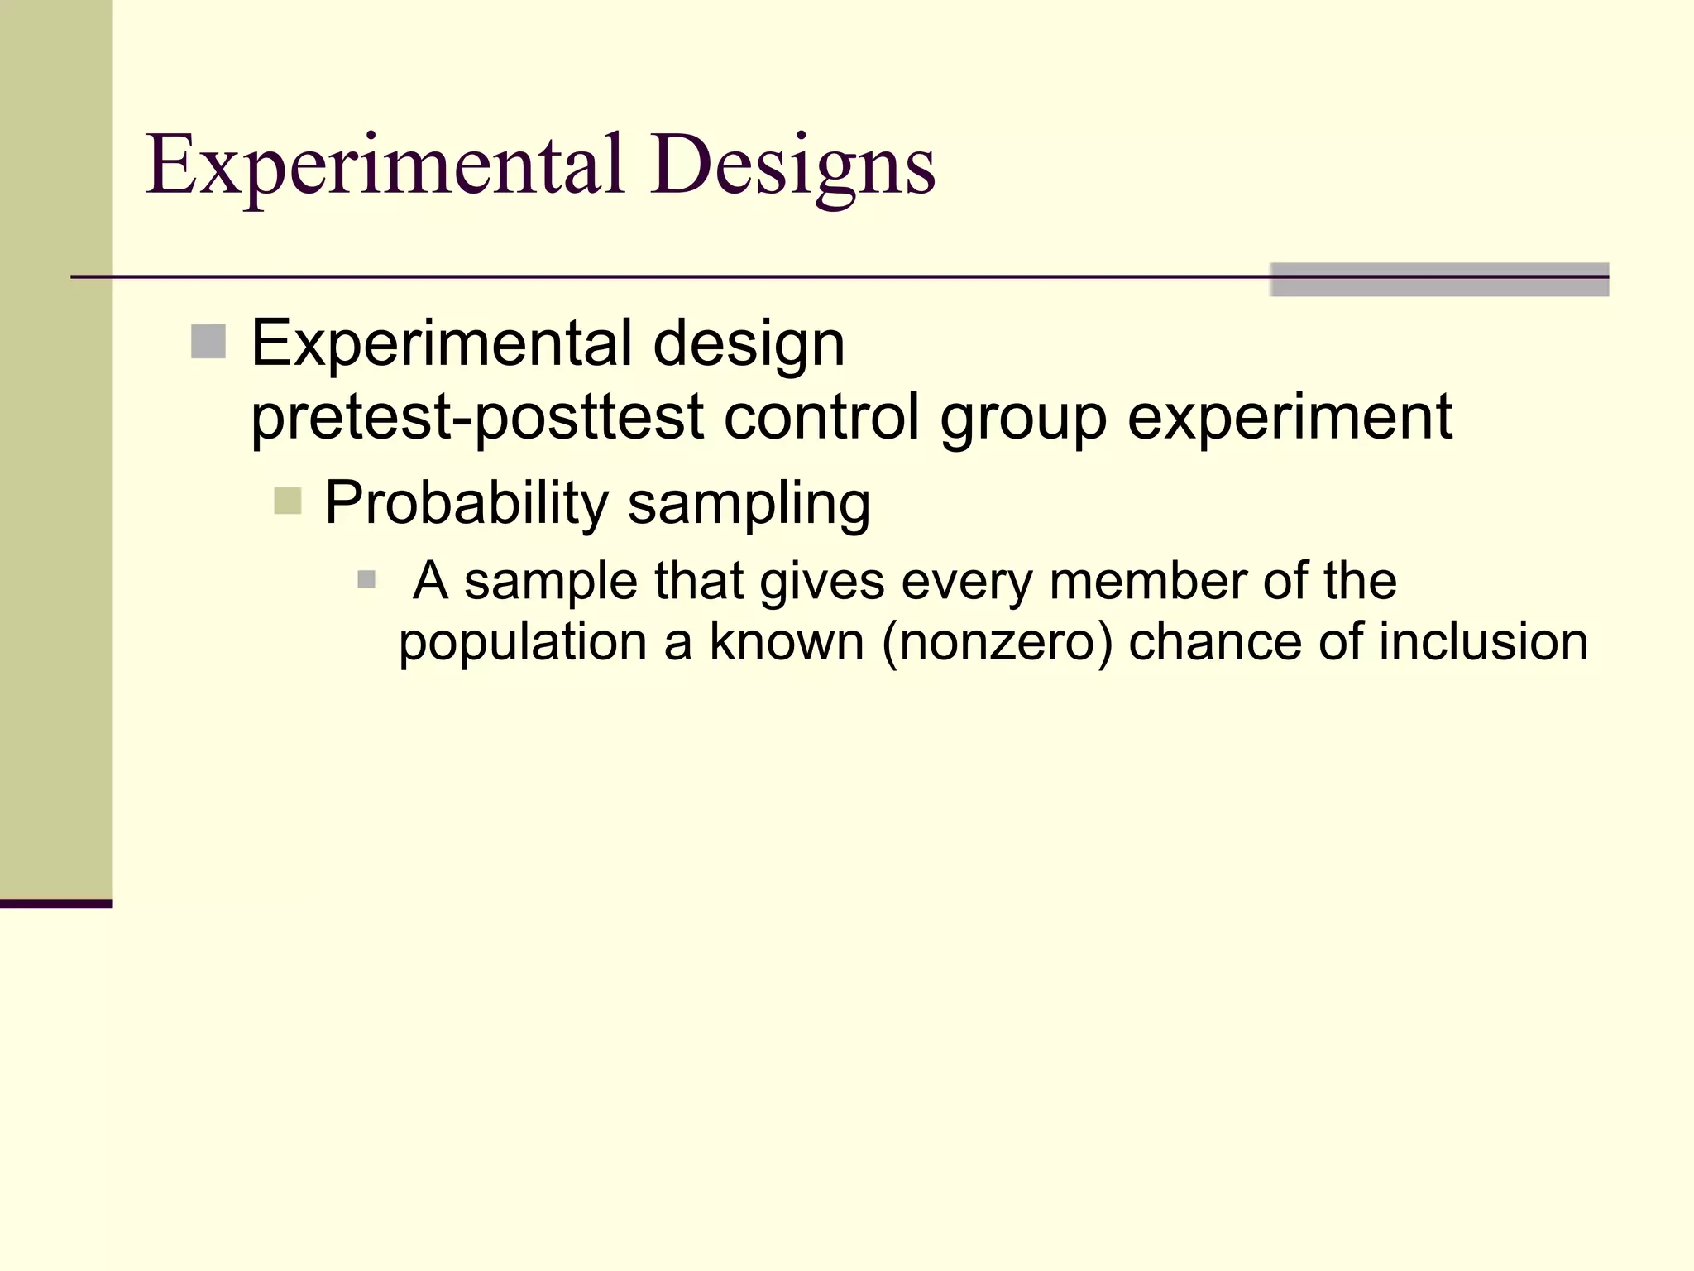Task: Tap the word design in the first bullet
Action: tap(749, 343)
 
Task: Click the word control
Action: tap(821, 416)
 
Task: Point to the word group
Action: tap(1023, 418)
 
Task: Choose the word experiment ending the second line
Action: tap(1289, 416)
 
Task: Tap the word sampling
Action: tap(749, 503)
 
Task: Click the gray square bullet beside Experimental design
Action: tap(208, 342)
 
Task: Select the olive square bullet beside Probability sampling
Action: tap(287, 501)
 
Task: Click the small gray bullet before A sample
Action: tap(366, 579)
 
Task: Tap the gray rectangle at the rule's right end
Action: tap(1439, 280)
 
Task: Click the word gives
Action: tap(822, 582)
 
